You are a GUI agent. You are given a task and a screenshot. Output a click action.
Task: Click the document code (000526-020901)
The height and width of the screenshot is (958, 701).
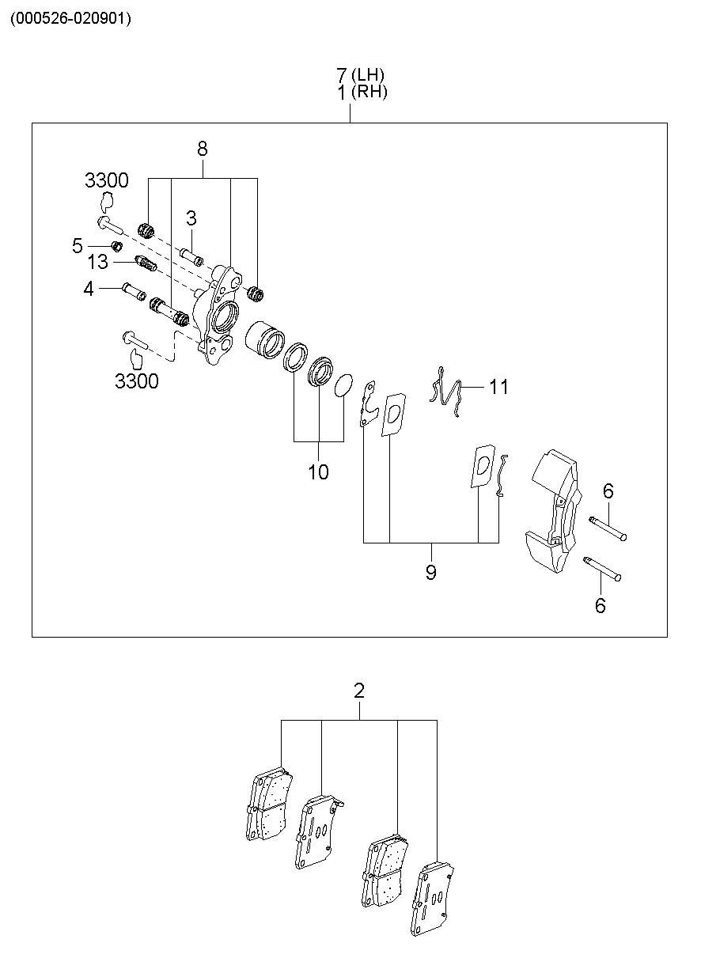click(71, 19)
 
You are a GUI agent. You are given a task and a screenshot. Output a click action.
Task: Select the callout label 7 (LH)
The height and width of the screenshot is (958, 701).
click(360, 75)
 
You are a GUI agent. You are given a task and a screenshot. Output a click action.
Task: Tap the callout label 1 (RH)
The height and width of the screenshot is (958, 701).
click(362, 92)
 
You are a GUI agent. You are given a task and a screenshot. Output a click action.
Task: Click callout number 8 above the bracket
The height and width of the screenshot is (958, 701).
click(203, 149)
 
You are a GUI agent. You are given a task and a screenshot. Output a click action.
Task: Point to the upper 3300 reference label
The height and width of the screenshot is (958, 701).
click(107, 180)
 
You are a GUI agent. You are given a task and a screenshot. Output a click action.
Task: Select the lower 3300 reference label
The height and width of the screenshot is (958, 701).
click(136, 381)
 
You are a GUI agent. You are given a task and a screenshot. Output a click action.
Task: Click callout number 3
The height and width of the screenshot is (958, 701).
click(191, 218)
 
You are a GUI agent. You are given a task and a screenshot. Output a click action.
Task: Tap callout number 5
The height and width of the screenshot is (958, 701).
click(77, 246)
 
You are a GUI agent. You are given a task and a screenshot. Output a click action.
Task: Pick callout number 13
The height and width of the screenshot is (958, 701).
click(98, 262)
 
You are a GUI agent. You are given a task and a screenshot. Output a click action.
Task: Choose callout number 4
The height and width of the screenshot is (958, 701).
click(88, 289)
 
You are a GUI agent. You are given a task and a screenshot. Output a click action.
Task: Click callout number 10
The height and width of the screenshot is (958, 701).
click(319, 472)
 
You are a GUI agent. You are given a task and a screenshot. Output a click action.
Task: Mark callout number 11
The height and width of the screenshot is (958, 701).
click(498, 387)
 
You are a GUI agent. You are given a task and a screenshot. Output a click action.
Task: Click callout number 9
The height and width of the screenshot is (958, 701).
click(431, 572)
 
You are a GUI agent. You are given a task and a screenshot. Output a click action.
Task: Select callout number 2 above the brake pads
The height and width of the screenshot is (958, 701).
click(359, 691)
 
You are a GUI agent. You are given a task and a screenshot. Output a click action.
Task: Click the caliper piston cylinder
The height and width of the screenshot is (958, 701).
click(265, 339)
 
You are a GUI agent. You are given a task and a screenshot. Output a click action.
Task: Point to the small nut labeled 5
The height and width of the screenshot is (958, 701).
click(117, 246)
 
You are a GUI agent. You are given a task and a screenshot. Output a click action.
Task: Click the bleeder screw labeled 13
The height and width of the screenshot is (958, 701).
click(146, 264)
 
